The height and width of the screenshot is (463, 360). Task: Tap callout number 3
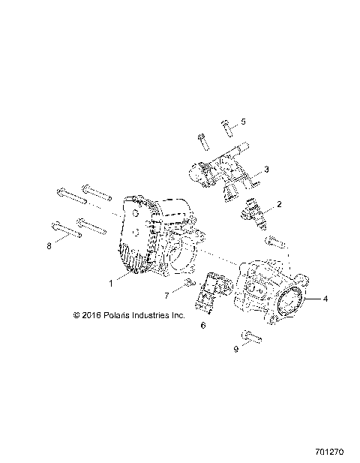coord(266,169)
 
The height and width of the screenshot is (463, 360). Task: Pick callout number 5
coord(242,121)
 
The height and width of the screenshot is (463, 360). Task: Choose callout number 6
coord(202,326)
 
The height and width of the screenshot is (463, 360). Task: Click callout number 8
coord(50,245)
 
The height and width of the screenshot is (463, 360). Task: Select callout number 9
coord(238,350)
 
